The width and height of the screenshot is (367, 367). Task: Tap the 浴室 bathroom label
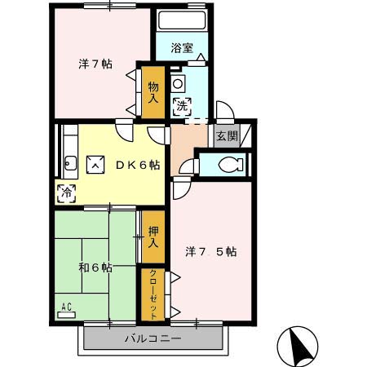click(x=182, y=47)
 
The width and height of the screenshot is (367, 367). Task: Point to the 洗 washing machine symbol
click(x=182, y=104)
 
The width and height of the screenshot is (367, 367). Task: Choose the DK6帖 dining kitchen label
click(x=136, y=164)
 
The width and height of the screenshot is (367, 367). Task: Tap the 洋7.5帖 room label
click(x=212, y=251)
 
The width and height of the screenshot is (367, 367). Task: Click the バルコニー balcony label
click(x=153, y=338)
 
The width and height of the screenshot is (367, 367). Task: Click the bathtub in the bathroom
click(x=181, y=21)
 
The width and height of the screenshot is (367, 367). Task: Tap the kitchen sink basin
click(x=69, y=163)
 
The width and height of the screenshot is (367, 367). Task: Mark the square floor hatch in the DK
click(x=96, y=164)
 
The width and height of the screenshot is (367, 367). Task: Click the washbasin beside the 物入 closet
click(x=179, y=82)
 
